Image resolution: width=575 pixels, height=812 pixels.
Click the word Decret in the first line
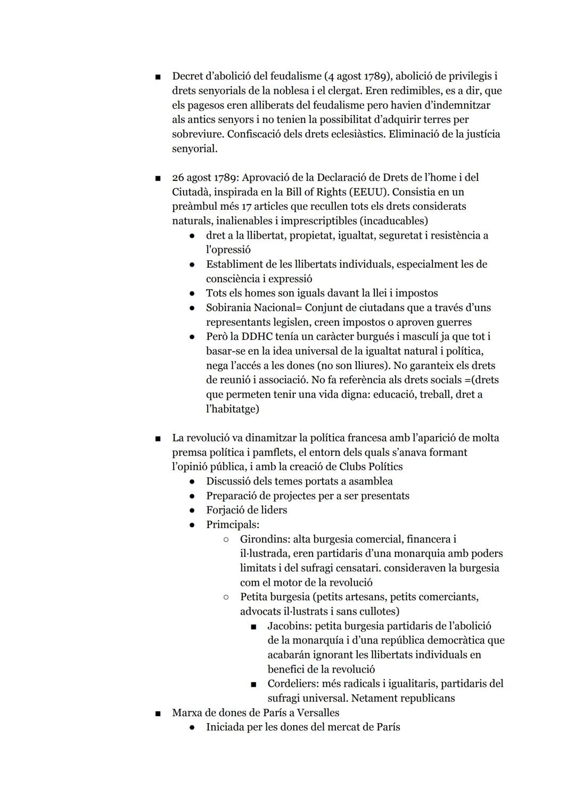pos(188,76)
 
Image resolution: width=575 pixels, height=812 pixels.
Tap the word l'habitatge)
pos(233,409)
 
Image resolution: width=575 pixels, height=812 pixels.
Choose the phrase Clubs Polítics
pos(371,467)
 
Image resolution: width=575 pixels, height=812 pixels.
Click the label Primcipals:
pos(233,524)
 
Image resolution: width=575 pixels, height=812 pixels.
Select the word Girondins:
pos(265,539)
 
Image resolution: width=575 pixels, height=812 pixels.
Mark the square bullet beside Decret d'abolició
pos(158,77)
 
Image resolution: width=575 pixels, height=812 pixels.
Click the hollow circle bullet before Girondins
pos(226,539)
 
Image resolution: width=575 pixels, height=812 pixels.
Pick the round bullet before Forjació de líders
pos(192,510)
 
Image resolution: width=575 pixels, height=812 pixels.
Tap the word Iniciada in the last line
pos(225,727)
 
